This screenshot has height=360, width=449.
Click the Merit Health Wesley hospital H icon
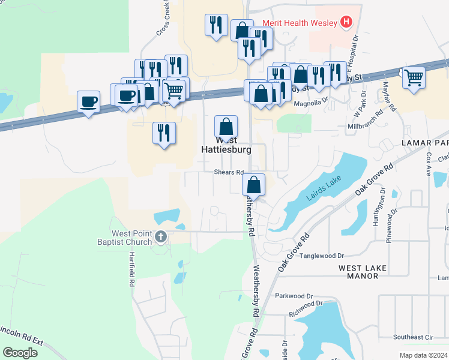[x=346, y=23]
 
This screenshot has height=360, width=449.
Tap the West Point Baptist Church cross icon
[x=160, y=237]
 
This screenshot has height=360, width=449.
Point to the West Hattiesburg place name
[x=225, y=145]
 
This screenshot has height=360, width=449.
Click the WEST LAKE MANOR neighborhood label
[x=362, y=271]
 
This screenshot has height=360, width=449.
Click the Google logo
[x=20, y=352]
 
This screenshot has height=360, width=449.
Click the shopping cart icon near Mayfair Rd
[x=414, y=77]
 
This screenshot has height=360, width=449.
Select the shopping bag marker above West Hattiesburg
[x=226, y=127]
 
